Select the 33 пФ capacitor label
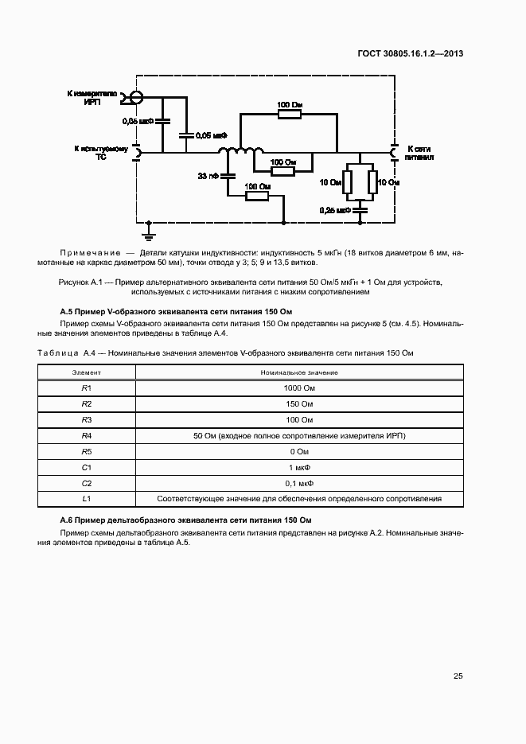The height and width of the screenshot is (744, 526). pyautogui.click(x=208, y=175)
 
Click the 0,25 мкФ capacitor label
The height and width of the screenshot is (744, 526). pyautogui.click(x=335, y=210)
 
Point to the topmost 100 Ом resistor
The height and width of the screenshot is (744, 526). pyautogui.click(x=290, y=115)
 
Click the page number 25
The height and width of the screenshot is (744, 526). pyautogui.click(x=458, y=676)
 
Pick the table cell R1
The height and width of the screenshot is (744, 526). pyautogui.click(x=87, y=388)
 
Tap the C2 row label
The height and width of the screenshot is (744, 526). pyautogui.click(x=87, y=483)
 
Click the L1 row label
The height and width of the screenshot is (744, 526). pyautogui.click(x=87, y=499)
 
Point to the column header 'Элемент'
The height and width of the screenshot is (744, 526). pyautogui.click(x=87, y=372)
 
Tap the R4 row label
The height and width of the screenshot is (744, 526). pyautogui.click(x=87, y=435)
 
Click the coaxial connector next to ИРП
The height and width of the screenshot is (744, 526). pyautogui.click(x=134, y=98)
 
